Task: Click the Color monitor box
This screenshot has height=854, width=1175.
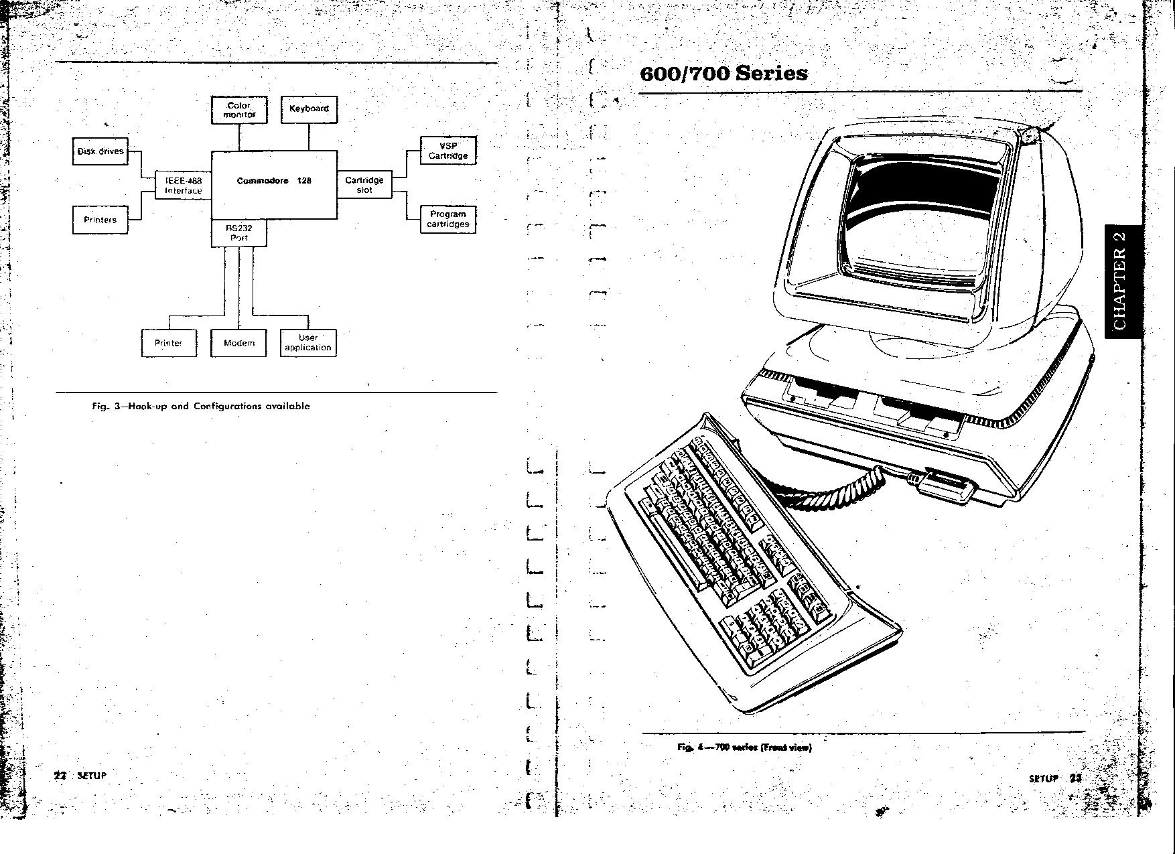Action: click(x=239, y=110)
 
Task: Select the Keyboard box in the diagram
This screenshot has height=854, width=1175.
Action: click(x=309, y=109)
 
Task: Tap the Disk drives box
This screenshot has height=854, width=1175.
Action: click(x=100, y=151)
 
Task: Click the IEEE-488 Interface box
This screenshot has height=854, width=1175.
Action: click(x=184, y=186)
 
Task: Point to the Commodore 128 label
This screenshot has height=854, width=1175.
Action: click(x=274, y=181)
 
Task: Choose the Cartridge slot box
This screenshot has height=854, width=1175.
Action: click(x=364, y=185)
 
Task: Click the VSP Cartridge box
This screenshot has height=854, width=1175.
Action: click(x=448, y=151)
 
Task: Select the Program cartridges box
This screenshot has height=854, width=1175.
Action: click(x=448, y=220)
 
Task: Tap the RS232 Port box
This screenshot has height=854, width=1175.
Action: click(x=239, y=233)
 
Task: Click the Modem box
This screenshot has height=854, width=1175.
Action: click(x=239, y=343)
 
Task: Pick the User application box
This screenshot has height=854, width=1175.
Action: click(x=308, y=343)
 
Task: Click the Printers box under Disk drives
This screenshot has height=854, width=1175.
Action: click(x=100, y=220)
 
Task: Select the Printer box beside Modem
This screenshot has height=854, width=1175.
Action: click(x=169, y=343)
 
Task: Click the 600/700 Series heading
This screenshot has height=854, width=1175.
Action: click(x=723, y=73)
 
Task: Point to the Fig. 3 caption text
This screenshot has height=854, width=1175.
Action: click(x=201, y=406)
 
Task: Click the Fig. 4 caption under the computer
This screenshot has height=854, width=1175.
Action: click(x=744, y=748)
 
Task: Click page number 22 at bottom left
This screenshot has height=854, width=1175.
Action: click(x=60, y=776)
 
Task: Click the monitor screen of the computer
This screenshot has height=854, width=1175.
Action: click(x=918, y=214)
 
